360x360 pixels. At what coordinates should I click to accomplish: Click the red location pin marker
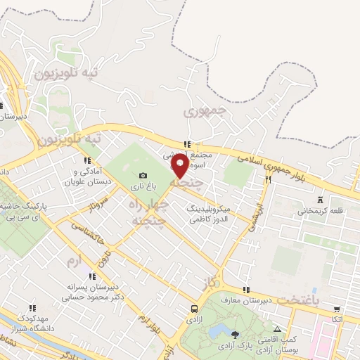point(180,166)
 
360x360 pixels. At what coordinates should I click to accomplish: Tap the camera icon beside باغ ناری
point(143,176)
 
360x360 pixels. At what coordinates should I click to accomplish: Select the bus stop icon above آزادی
point(194,309)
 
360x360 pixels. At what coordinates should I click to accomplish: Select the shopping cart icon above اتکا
point(337,309)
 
